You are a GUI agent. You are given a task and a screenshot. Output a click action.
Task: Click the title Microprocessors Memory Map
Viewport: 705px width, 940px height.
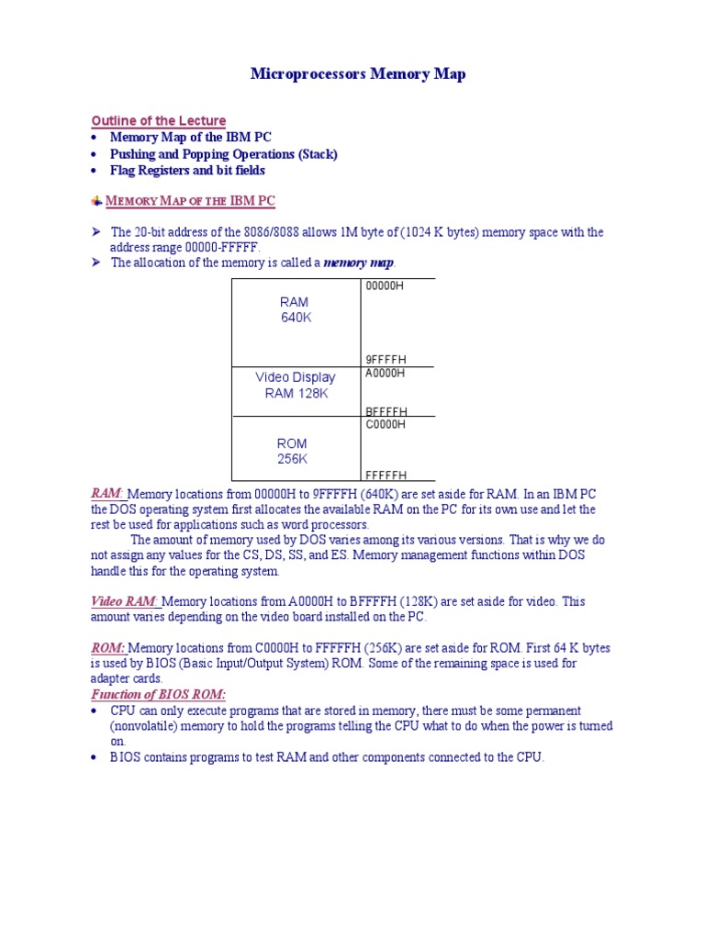[357, 74]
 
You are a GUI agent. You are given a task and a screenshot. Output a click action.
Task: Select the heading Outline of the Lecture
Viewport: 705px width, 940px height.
[158, 121]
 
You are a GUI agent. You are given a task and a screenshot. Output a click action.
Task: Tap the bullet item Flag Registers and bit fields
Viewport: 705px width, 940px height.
[187, 171]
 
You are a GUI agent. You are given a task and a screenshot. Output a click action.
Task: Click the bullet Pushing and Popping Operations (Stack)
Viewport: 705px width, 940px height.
[223, 154]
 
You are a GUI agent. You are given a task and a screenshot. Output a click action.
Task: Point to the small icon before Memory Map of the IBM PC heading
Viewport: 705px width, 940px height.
[96, 201]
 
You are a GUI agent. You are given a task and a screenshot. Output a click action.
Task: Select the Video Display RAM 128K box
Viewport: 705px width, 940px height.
[295, 386]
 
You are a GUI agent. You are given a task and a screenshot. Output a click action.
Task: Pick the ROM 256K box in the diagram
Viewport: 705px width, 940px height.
[292, 451]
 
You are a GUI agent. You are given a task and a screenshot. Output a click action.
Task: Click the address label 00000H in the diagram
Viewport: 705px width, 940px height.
[385, 286]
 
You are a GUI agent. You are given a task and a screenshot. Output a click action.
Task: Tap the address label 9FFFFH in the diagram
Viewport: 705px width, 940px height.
[386, 360]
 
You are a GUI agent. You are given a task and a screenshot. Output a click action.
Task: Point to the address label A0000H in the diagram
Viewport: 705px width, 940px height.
[386, 374]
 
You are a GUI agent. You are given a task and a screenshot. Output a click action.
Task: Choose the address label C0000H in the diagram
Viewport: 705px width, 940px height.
[386, 425]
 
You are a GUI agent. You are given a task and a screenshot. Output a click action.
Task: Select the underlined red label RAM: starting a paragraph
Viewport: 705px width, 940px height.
[106, 494]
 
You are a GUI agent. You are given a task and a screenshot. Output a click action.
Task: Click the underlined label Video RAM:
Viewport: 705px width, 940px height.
[125, 602]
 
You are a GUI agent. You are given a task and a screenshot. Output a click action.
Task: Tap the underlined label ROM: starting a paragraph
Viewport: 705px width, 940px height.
[108, 648]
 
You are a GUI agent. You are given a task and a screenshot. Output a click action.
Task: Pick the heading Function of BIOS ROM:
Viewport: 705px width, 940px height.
[158, 695]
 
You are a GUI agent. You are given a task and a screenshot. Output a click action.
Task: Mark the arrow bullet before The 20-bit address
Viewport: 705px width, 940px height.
[95, 232]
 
